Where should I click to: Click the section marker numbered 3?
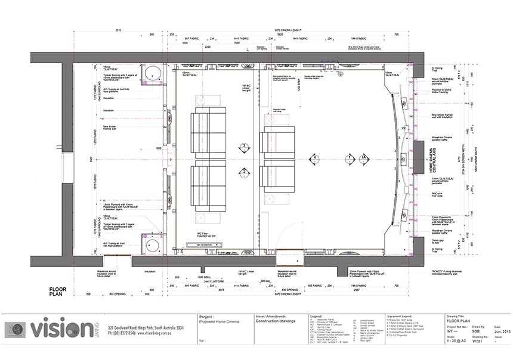click(243, 146)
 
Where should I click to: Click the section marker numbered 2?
click(243, 173)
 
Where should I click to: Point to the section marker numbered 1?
click(348, 159)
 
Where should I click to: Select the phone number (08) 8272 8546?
click(125, 334)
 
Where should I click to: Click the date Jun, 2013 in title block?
click(502, 331)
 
